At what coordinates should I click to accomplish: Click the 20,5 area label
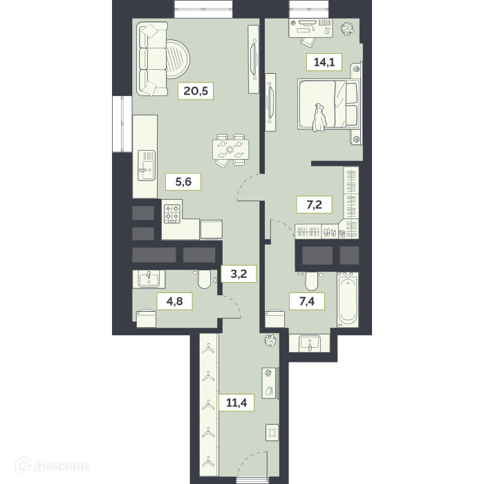[x=196, y=91]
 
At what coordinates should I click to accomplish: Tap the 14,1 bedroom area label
[x=324, y=62]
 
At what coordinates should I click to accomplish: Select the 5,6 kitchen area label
[x=183, y=182]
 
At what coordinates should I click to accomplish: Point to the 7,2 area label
[x=314, y=205]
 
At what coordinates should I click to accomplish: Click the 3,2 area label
[x=239, y=274]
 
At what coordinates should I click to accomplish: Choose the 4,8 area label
[x=175, y=301]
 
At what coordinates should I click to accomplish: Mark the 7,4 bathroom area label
[x=307, y=301]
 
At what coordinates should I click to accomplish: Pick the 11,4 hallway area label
[x=236, y=402]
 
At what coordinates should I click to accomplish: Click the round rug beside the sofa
[x=178, y=59]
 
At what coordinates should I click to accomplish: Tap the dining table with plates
[x=230, y=150]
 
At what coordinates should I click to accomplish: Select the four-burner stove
[x=172, y=214]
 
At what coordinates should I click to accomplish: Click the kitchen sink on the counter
[x=147, y=165]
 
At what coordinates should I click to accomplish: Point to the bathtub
[x=348, y=299]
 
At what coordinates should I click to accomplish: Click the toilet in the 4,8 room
[x=204, y=279]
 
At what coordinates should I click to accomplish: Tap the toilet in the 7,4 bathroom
[x=311, y=281]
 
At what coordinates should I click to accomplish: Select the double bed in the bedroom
[x=328, y=104]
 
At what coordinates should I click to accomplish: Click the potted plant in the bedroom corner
[x=347, y=29]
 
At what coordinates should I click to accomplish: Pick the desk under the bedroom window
[x=310, y=28]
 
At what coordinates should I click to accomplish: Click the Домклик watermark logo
[x=53, y=465]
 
